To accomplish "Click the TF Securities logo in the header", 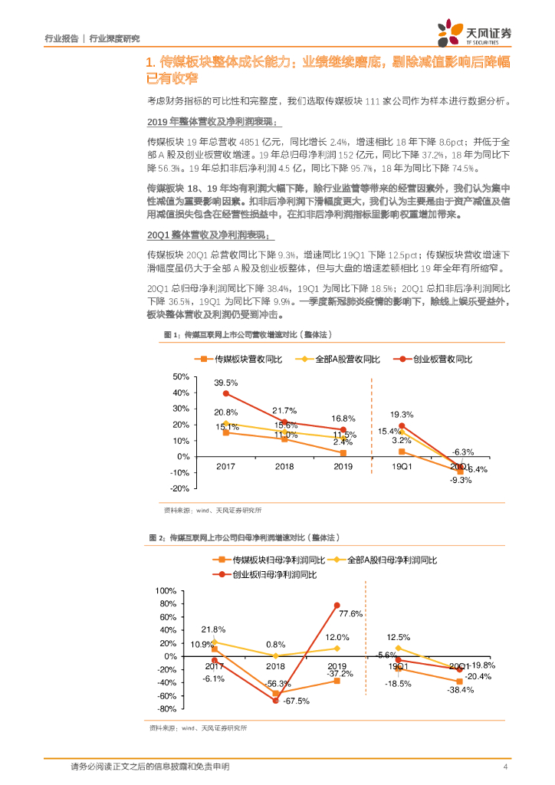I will (x=475, y=31).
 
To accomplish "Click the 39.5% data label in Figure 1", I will (x=225, y=382).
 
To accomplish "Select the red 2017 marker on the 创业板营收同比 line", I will (x=226, y=394).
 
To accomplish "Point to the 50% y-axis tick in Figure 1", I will (x=181, y=376).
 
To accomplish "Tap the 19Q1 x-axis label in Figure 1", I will (x=402, y=466).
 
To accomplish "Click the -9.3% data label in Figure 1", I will (x=460, y=480).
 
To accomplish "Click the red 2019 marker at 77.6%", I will (x=337, y=605).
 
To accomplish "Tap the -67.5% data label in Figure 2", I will (x=296, y=701).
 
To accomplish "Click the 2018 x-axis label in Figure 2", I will (x=276, y=666).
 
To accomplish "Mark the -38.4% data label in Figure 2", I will (x=461, y=689).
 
